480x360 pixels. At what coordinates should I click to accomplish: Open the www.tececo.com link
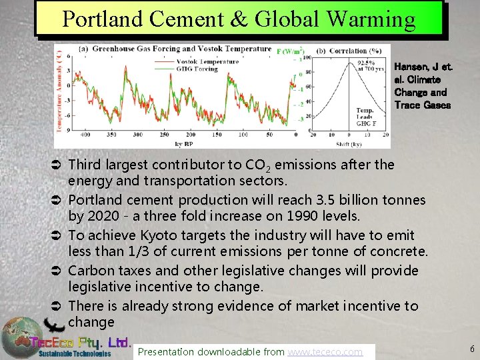coord(325,351)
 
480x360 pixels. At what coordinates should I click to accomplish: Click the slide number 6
coord(472,349)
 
